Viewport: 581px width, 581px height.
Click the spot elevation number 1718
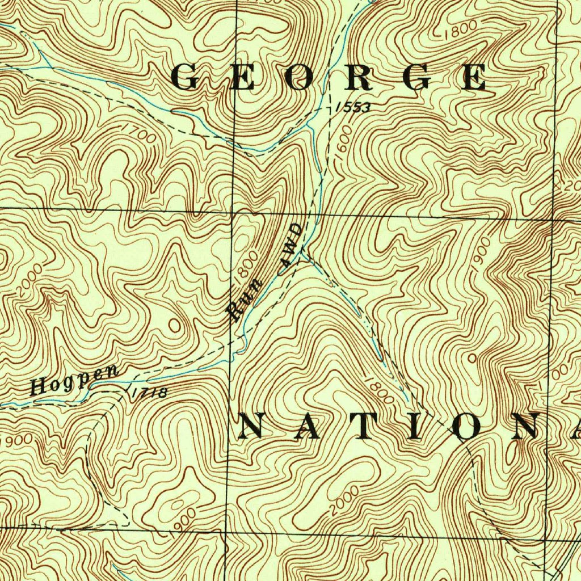coord(149,392)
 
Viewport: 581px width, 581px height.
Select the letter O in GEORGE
coord(299,78)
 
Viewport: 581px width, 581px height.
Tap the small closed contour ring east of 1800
coord(473,359)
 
